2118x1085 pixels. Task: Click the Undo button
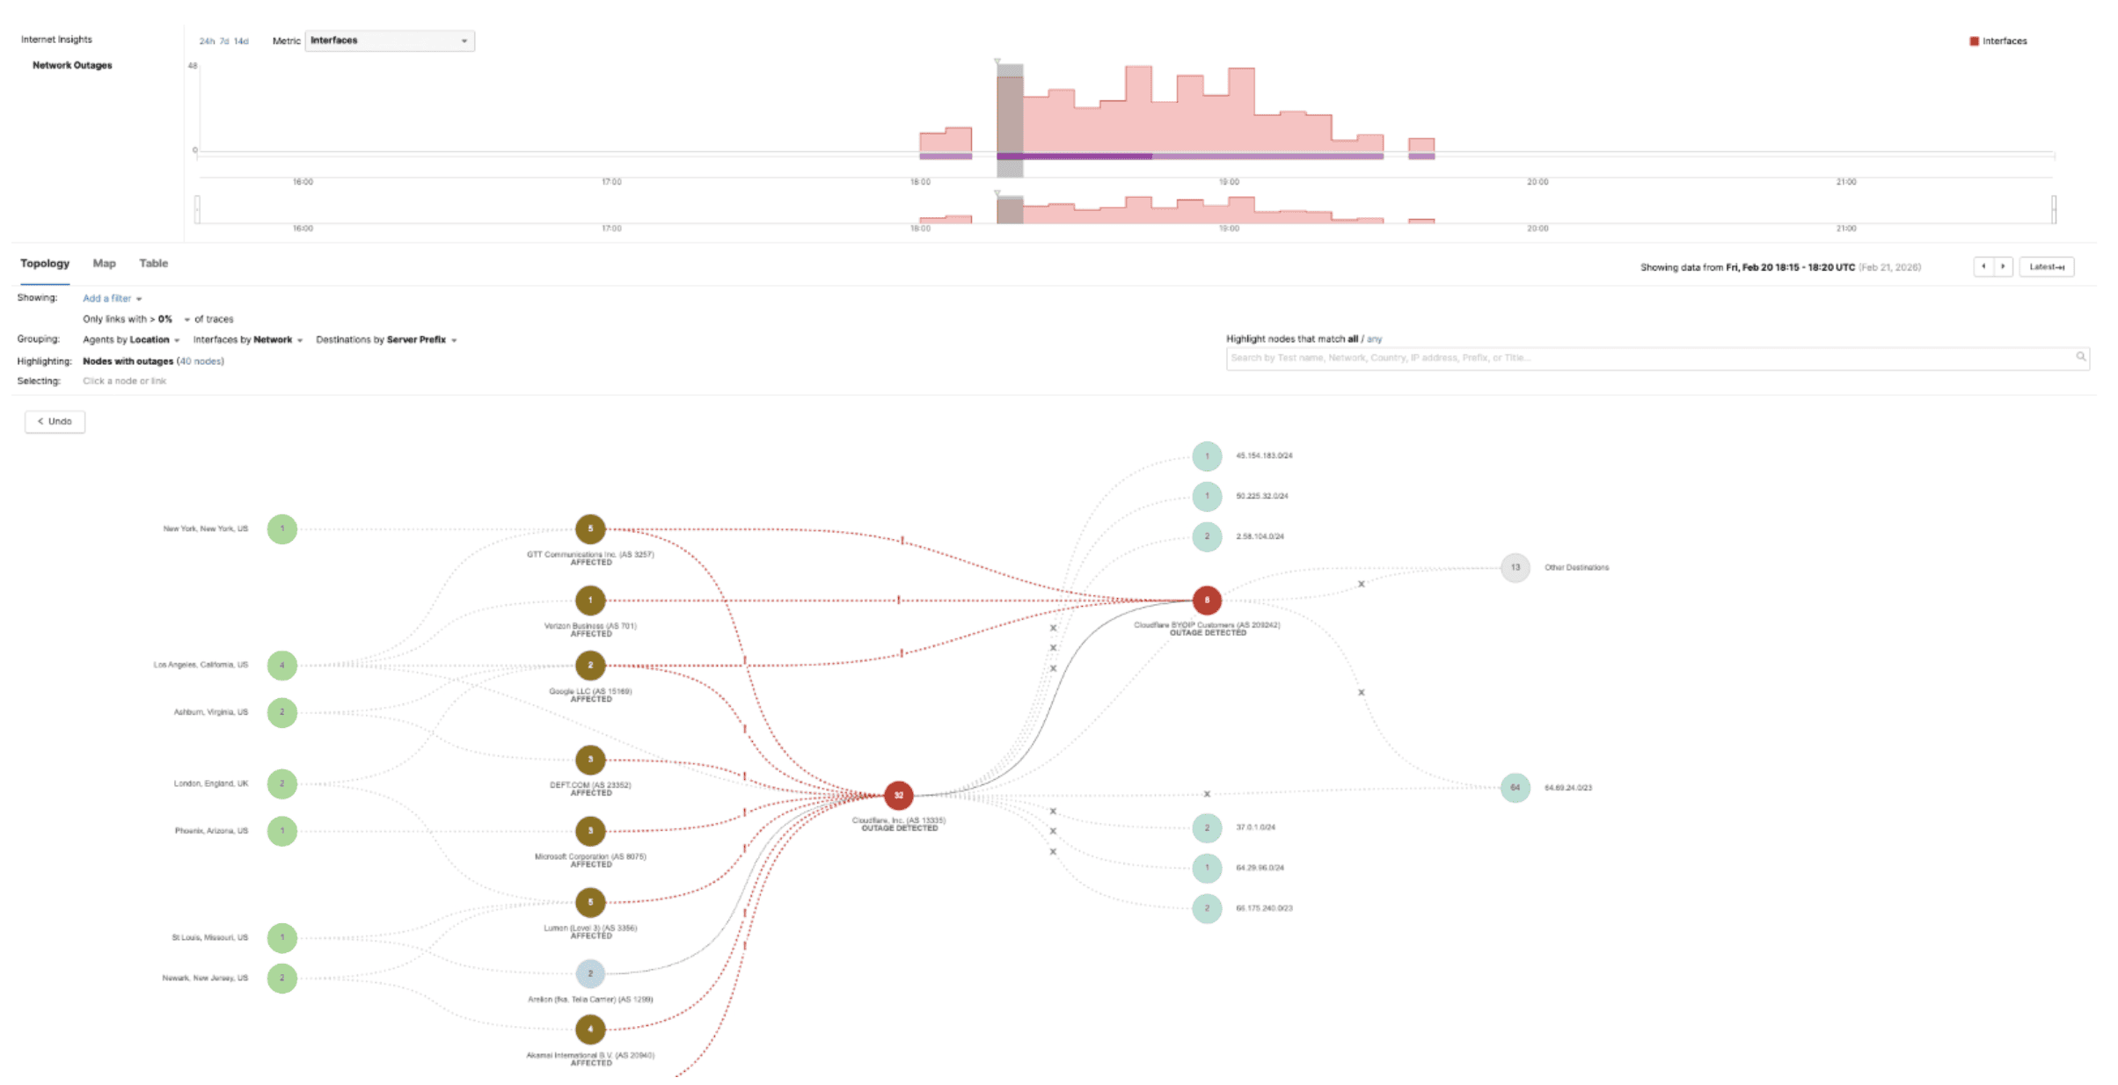(x=55, y=422)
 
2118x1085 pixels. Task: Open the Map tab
(x=104, y=264)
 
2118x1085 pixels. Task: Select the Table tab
(x=153, y=264)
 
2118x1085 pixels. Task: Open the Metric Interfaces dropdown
(x=390, y=40)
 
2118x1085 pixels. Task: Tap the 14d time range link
(x=241, y=41)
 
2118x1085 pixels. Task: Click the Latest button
(x=2046, y=267)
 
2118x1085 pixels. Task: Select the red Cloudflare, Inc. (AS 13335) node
(x=898, y=795)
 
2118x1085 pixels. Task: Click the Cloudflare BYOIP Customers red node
(x=1207, y=601)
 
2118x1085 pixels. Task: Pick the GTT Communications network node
(x=590, y=529)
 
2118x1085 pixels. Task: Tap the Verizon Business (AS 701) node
(x=590, y=601)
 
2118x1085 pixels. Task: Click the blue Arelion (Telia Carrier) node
(x=590, y=973)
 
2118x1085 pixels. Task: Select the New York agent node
(x=282, y=529)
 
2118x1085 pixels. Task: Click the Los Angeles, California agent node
(x=282, y=666)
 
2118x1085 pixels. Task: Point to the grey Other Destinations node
(x=1515, y=568)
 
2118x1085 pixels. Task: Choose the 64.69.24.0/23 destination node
(x=1515, y=788)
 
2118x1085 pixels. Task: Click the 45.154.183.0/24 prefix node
(x=1207, y=456)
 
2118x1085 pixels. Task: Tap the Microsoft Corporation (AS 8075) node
(x=590, y=831)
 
